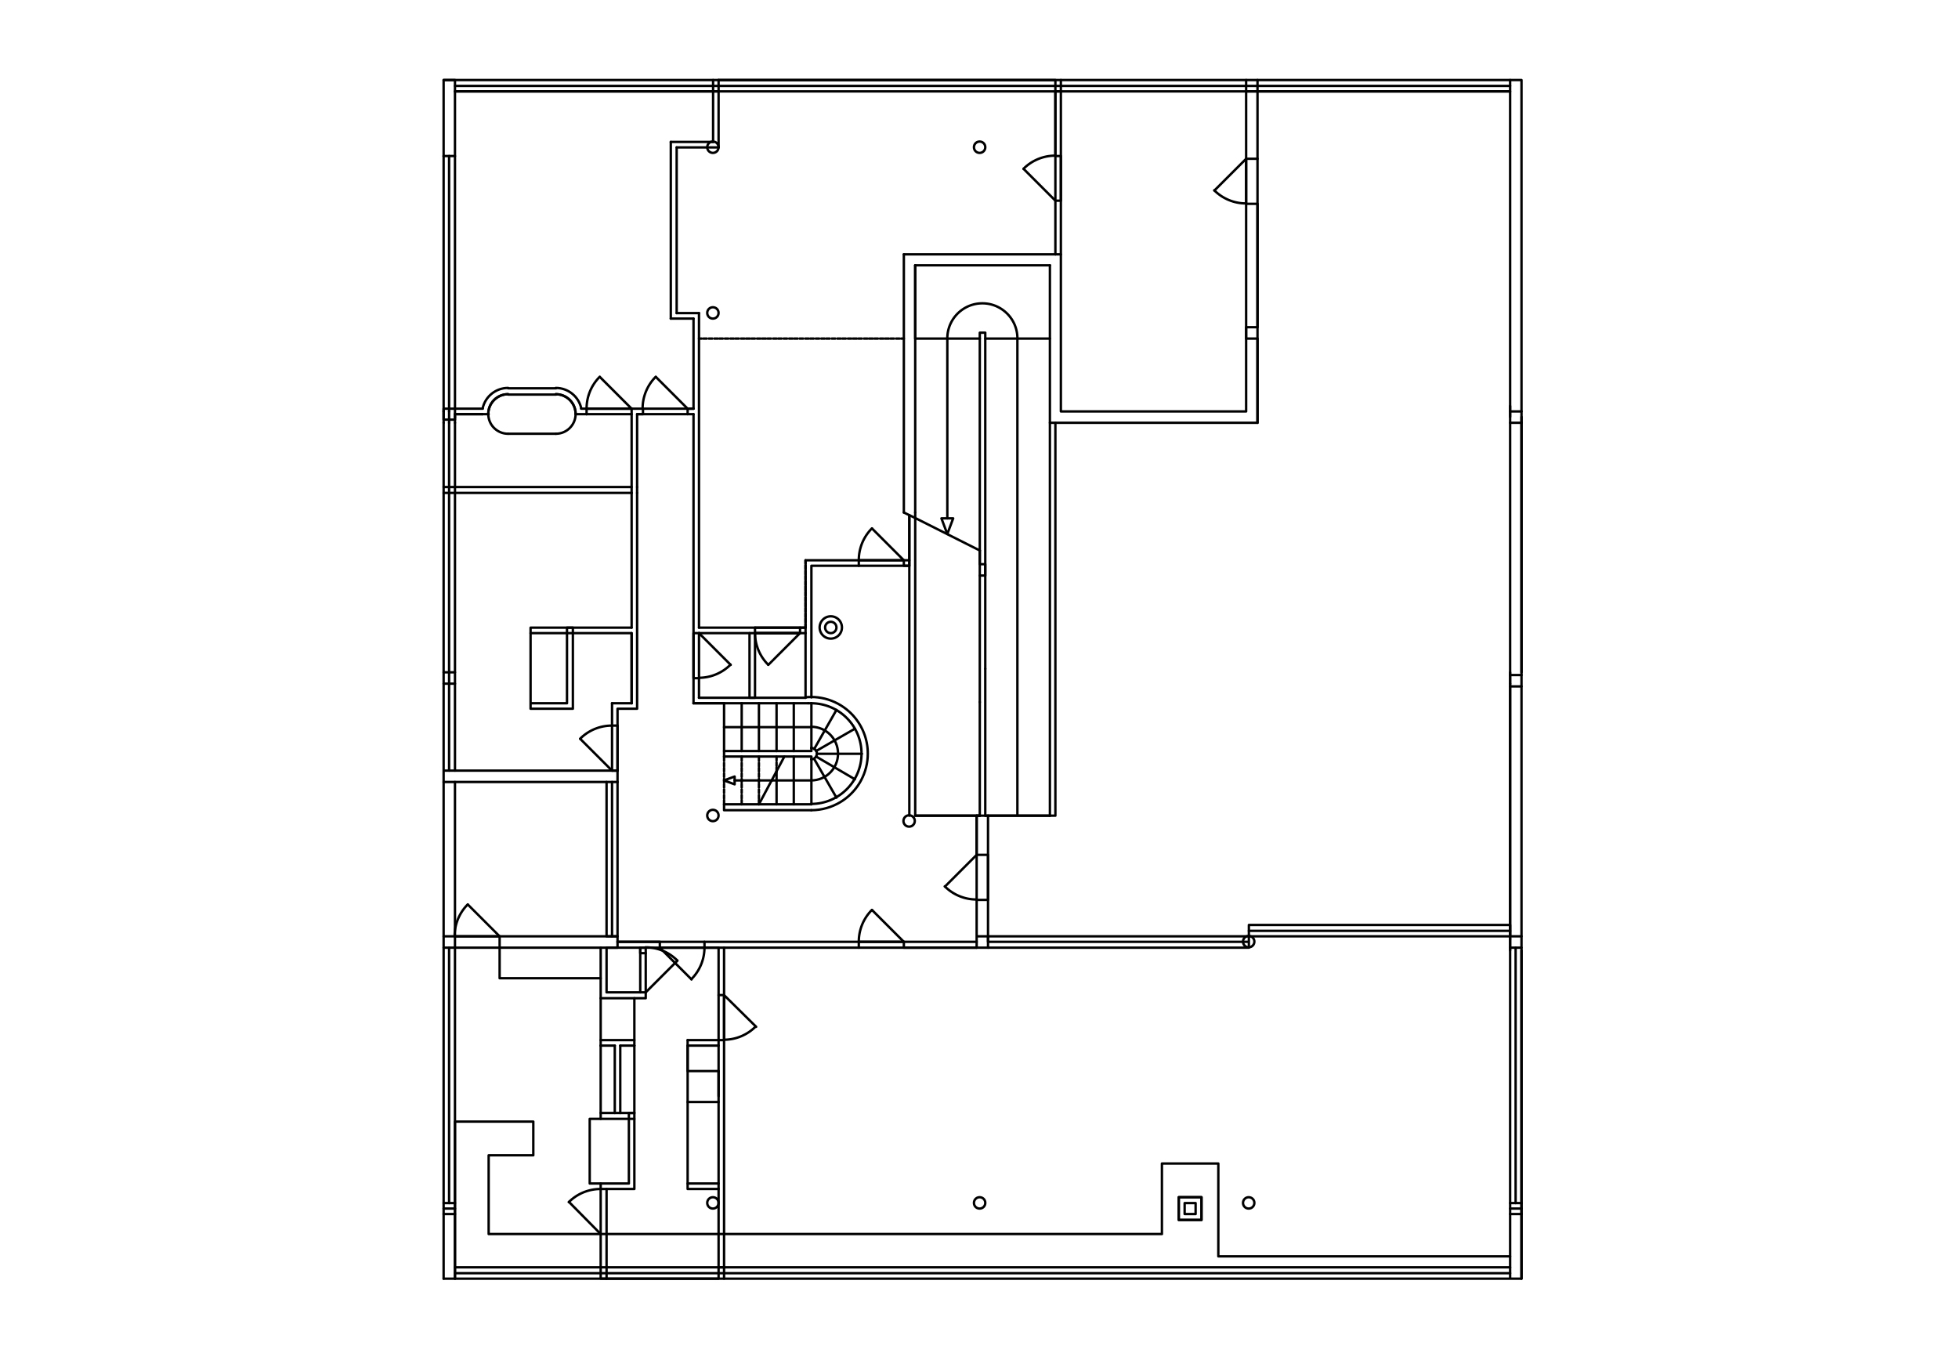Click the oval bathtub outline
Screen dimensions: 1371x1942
(x=532, y=412)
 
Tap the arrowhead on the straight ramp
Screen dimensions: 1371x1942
(x=947, y=525)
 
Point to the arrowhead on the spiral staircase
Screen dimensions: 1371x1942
(x=730, y=780)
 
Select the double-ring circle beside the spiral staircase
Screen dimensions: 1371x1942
(x=830, y=628)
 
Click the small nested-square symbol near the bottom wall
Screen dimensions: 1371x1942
(x=1189, y=1208)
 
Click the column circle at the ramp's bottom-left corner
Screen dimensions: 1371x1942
(x=910, y=821)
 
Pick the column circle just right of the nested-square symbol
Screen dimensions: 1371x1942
(x=1249, y=1203)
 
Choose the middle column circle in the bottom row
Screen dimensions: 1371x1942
(x=979, y=1203)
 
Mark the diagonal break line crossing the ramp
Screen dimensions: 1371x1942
(x=942, y=531)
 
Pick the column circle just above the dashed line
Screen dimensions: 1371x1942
(x=713, y=313)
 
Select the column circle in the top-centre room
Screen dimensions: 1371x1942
(x=979, y=147)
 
